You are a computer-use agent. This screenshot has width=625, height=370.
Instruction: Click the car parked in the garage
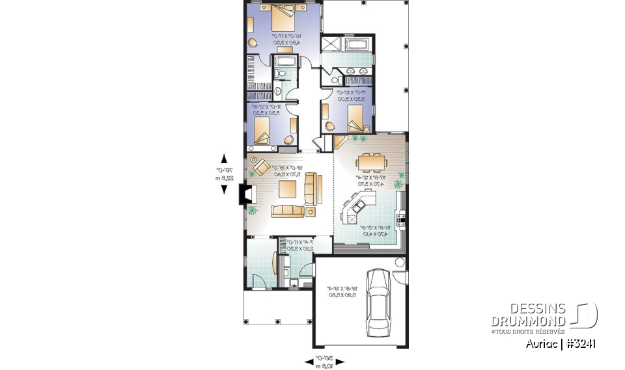point(376,302)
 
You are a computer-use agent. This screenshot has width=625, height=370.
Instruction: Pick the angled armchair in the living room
point(262,166)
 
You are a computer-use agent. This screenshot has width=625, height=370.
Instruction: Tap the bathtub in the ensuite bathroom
point(357,45)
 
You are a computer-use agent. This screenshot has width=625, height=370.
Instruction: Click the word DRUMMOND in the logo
point(529,321)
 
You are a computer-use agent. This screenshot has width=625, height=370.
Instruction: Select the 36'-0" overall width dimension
point(325,362)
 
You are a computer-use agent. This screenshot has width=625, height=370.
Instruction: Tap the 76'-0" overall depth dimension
point(224,174)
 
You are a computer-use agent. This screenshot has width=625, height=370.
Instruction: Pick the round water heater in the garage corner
point(399,262)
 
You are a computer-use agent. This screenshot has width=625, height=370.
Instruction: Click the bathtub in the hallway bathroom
point(285,62)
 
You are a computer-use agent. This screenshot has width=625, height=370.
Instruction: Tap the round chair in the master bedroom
point(253,43)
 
